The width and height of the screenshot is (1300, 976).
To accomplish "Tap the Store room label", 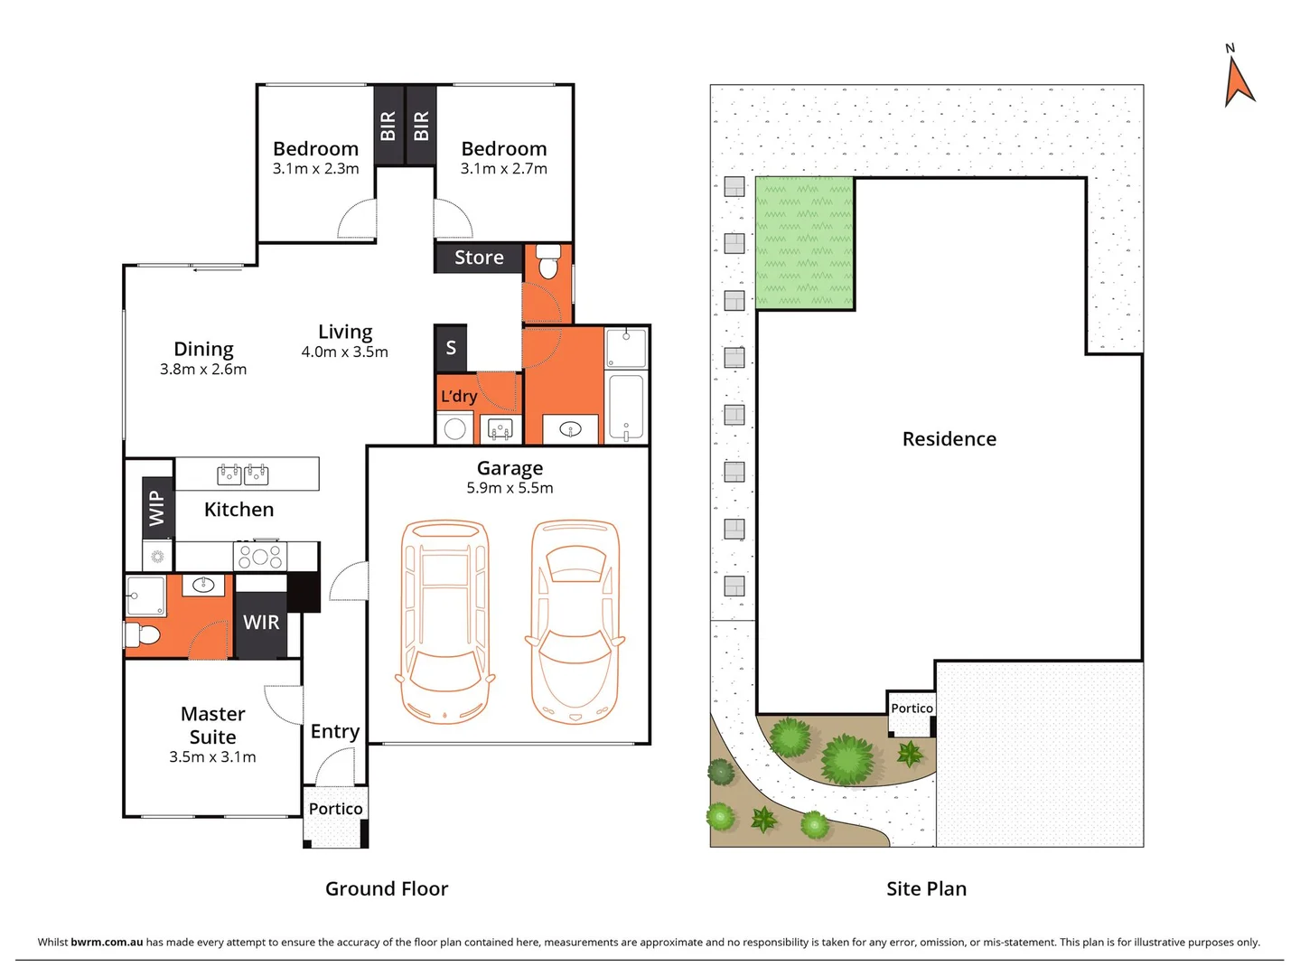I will [479, 258].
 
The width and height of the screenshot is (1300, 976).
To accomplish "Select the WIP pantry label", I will [157, 508].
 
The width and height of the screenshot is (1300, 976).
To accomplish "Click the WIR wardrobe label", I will [261, 623].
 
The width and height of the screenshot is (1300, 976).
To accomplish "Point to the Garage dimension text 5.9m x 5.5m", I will [510, 488].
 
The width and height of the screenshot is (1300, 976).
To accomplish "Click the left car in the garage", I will [444, 622].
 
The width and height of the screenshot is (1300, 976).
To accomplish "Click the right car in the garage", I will [575, 622].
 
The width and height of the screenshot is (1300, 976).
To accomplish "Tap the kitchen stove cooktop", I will [260, 556].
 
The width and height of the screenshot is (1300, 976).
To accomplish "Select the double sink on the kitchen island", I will [243, 474].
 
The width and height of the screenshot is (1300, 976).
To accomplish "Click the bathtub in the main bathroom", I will [626, 407].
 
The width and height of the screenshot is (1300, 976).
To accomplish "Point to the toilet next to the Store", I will [547, 264].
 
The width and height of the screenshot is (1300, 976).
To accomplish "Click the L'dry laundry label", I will [459, 397].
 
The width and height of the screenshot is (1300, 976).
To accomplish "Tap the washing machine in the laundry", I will [455, 429].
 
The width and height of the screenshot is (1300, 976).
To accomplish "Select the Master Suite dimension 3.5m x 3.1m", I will [212, 757].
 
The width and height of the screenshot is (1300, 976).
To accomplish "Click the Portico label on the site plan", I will [912, 709].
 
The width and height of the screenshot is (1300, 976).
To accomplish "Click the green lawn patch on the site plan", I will [804, 242].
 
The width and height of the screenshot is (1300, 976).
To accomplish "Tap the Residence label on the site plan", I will [949, 439].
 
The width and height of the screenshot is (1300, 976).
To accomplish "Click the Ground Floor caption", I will [387, 889].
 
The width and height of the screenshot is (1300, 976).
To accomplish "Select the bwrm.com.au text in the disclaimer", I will [107, 942].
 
